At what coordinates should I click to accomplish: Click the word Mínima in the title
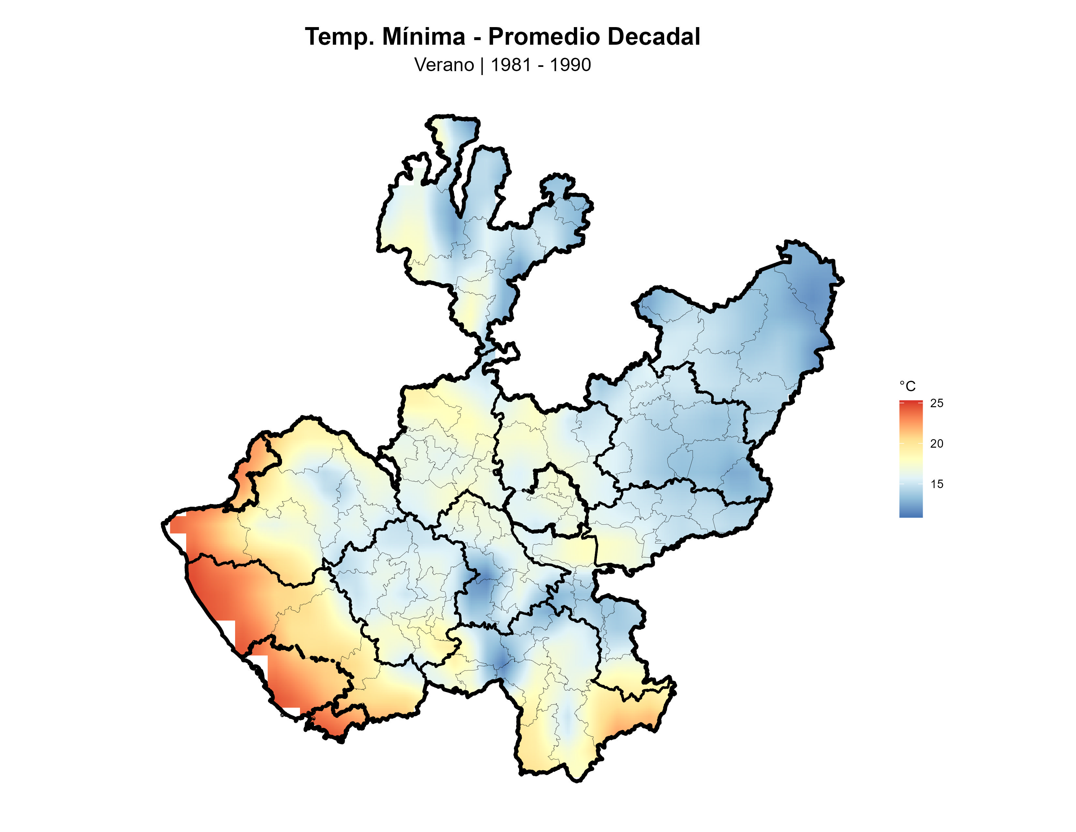(x=423, y=37)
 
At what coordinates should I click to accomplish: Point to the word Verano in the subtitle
(x=444, y=65)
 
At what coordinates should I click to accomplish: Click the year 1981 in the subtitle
(x=510, y=65)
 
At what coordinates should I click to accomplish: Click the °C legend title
(x=907, y=386)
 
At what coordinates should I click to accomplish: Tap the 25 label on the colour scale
(x=936, y=403)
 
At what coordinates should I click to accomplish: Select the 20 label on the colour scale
(x=936, y=444)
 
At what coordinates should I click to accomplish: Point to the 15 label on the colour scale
(x=936, y=484)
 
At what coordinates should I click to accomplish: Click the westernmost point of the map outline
(x=163, y=525)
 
